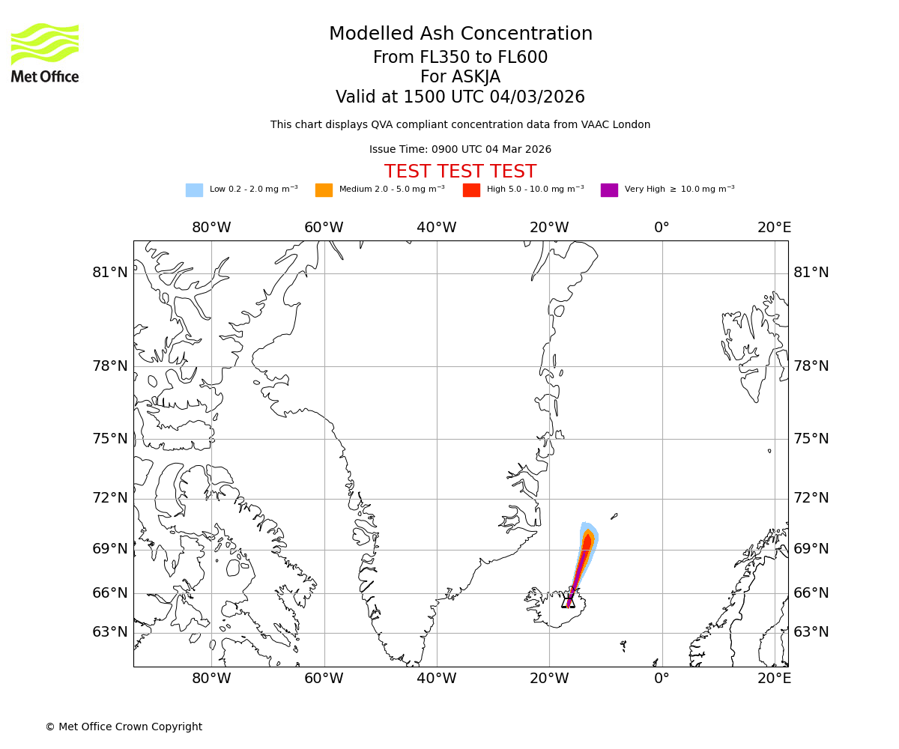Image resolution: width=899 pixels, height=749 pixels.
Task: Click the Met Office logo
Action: pos(45,52)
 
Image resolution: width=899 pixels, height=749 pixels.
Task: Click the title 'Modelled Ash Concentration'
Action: pos(460,34)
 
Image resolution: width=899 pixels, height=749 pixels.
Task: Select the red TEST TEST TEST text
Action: pos(460,172)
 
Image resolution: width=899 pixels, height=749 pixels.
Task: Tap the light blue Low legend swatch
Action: pos(194,190)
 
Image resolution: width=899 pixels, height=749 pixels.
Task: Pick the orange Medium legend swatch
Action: pos(324,190)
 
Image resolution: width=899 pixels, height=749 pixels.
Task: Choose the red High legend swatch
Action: pos(471,190)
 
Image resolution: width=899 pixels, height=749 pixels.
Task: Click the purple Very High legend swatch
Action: pos(609,190)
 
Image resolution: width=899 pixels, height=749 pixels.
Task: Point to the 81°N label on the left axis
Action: pos(110,273)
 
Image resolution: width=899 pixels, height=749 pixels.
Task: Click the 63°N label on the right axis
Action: pos(811,632)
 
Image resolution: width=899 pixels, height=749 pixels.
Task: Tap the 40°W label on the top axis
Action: pos(437,228)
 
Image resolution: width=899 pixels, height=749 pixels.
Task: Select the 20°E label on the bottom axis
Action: pos(775,679)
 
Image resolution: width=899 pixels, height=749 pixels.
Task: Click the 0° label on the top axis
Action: pos(662,228)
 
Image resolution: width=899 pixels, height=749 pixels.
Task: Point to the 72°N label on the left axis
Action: pos(110,498)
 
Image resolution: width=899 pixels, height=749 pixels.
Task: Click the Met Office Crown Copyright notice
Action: pos(124,727)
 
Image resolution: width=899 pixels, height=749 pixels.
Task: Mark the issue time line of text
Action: pos(460,150)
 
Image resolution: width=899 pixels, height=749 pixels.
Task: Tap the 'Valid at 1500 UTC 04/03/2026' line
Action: pos(460,97)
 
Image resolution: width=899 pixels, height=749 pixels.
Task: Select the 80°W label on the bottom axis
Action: pos(211,679)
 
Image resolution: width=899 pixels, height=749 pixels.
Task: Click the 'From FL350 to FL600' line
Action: pos(460,58)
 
